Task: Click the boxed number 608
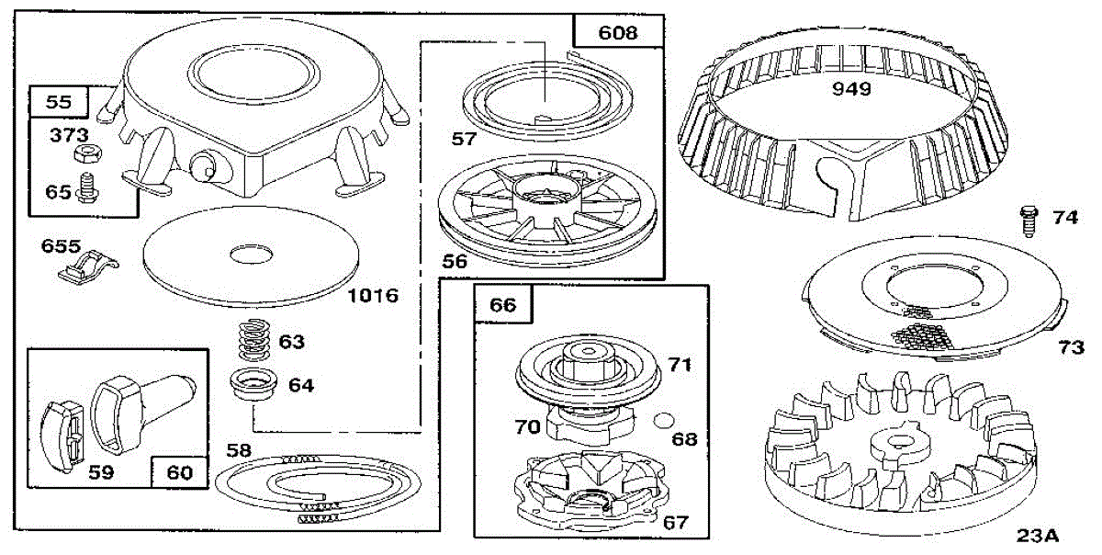click(617, 33)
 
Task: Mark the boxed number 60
click(179, 472)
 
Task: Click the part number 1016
click(374, 296)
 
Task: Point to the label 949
click(851, 90)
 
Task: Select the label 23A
click(1039, 536)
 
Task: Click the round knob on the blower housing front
click(203, 166)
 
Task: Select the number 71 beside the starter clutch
click(680, 366)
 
